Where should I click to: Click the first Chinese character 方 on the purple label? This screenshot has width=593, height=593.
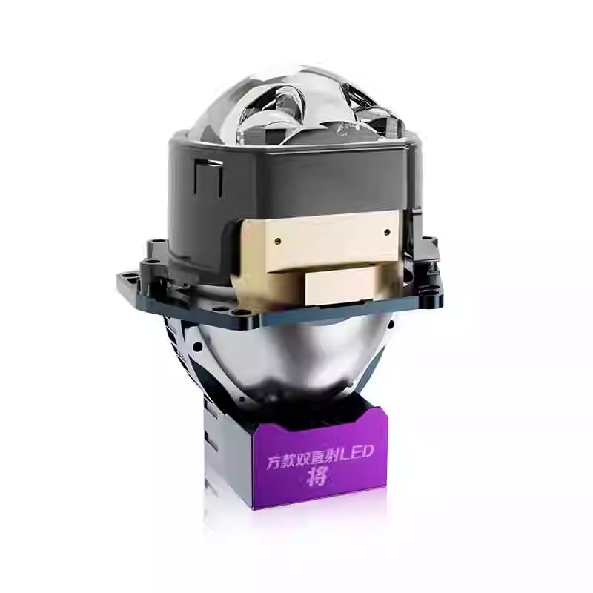click(x=274, y=463)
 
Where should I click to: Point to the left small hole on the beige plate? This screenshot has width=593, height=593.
click(x=279, y=239)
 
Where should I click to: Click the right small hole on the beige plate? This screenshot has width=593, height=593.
click(x=386, y=232)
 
